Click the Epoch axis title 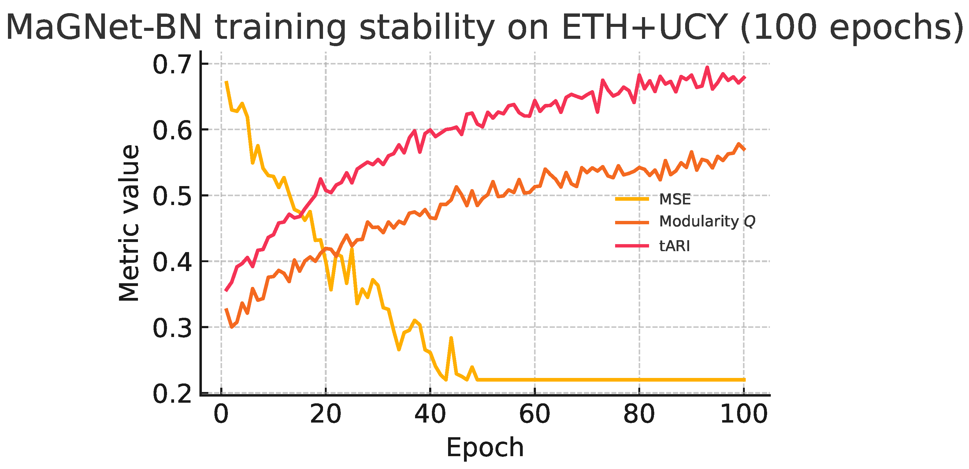click(x=485, y=447)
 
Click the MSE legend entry click(x=675, y=199)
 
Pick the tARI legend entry click(x=674, y=246)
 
